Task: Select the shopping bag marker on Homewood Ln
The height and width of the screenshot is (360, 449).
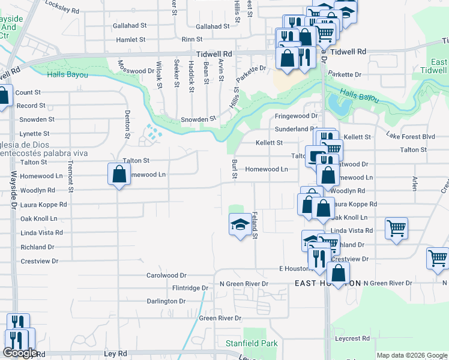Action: (x=119, y=174)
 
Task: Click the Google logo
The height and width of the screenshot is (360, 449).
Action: (x=20, y=353)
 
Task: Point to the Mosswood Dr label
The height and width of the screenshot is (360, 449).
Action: (x=136, y=67)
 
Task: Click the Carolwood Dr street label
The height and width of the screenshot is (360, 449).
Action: (x=166, y=275)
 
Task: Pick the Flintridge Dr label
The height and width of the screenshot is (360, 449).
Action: (x=190, y=288)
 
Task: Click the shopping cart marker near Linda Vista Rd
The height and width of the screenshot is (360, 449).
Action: (x=396, y=228)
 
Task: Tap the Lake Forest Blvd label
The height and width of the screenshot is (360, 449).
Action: (x=410, y=136)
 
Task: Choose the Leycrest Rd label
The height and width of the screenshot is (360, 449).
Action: (x=354, y=339)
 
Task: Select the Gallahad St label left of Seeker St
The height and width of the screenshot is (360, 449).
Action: (x=130, y=26)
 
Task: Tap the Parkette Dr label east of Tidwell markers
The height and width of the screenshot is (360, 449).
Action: (x=349, y=75)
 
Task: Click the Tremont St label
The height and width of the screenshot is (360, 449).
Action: (x=70, y=176)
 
